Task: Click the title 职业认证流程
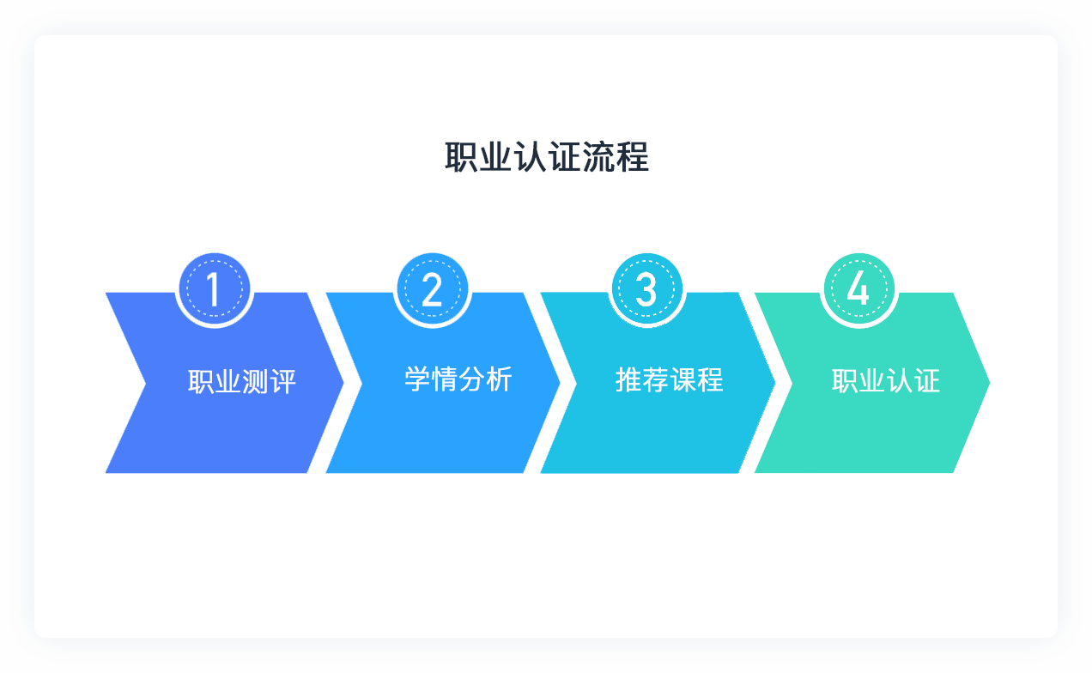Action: pos(547,158)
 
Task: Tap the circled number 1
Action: pos(214,289)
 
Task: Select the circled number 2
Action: pos(432,289)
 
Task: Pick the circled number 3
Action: pos(646,289)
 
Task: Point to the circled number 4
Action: pos(858,289)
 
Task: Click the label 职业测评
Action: pos(242,381)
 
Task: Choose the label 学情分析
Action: pos(458,379)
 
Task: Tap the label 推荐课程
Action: pos(670,379)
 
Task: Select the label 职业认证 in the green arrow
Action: pos(886,381)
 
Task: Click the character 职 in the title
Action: pos(462,158)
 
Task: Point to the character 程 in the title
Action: pos(633,158)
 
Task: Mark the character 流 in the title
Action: pos(598,158)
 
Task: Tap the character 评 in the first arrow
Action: pos(282,381)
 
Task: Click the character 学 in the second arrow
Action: pos(418,379)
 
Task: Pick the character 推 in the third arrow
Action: pos(629,379)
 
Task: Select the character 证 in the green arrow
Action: pos(927,381)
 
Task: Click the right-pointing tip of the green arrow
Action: pos(986,383)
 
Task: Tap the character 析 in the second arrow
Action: pos(499,379)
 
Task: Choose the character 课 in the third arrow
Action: pos(683,379)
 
